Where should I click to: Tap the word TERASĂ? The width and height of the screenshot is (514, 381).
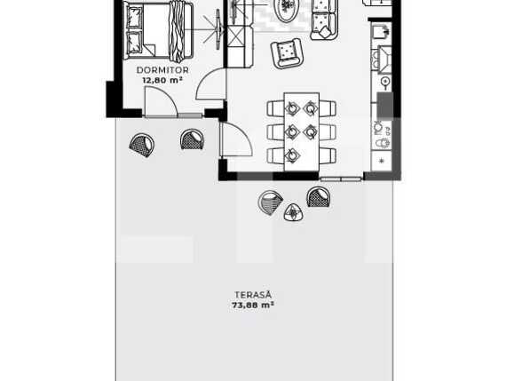click(x=253, y=295)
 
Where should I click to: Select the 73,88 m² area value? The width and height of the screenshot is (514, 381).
click(x=253, y=305)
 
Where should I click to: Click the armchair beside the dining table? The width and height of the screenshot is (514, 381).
click(x=289, y=54)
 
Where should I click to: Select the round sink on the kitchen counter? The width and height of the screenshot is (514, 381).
click(x=385, y=83)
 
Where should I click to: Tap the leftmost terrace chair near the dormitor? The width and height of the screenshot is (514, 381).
click(x=141, y=145)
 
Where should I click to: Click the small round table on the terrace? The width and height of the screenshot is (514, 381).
click(x=293, y=212)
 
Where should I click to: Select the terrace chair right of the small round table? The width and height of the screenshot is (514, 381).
click(x=318, y=197)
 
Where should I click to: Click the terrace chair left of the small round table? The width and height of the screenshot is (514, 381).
click(x=271, y=202)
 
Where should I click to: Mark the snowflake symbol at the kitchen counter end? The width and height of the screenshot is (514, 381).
click(x=383, y=161)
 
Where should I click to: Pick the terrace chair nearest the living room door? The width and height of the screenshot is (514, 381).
click(x=192, y=139)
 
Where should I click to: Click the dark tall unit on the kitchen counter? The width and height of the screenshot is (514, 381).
click(x=384, y=105)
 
